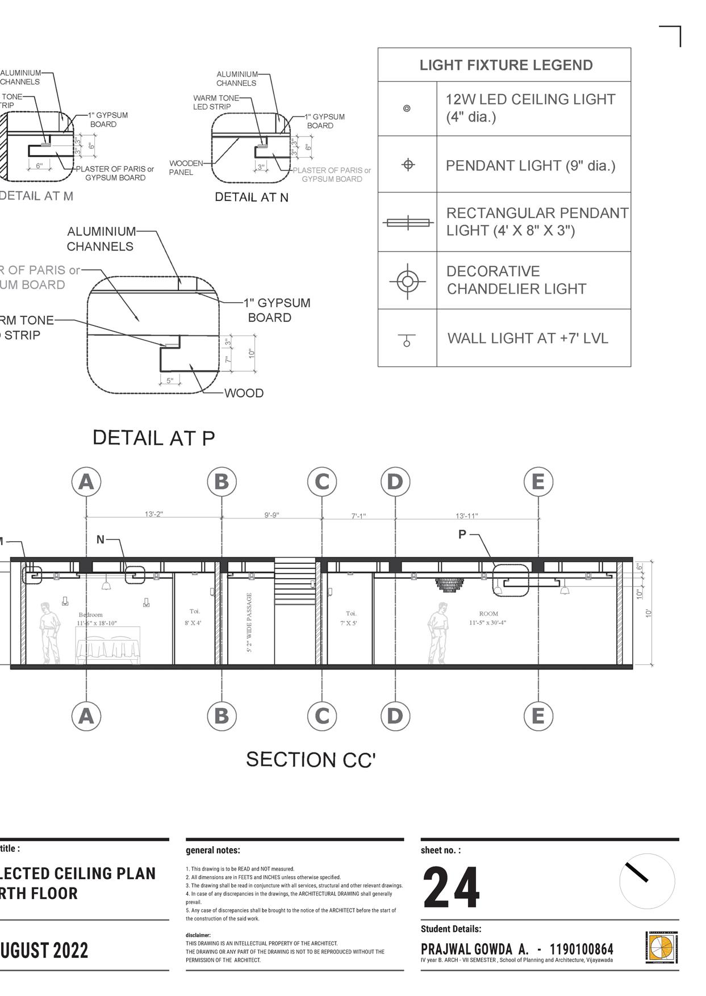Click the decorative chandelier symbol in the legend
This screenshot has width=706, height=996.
(407, 281)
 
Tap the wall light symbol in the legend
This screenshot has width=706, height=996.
(407, 340)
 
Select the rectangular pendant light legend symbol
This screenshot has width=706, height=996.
(407, 223)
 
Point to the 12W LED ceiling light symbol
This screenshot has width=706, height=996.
(407, 108)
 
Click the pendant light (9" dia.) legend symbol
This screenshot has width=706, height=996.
(408, 165)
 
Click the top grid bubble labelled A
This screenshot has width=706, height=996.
(86, 482)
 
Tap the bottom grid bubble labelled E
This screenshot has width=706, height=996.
(538, 715)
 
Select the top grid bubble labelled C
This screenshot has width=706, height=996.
(322, 482)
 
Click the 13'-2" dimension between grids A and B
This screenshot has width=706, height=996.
(153, 514)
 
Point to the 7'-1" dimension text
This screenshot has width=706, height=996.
(358, 516)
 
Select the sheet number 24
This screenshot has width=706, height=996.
(452, 888)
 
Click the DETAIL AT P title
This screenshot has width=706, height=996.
(153, 438)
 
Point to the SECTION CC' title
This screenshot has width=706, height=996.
(311, 760)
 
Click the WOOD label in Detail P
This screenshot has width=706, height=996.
(244, 393)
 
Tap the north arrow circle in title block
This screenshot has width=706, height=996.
(647, 881)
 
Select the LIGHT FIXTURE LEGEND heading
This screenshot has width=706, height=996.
(506, 65)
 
